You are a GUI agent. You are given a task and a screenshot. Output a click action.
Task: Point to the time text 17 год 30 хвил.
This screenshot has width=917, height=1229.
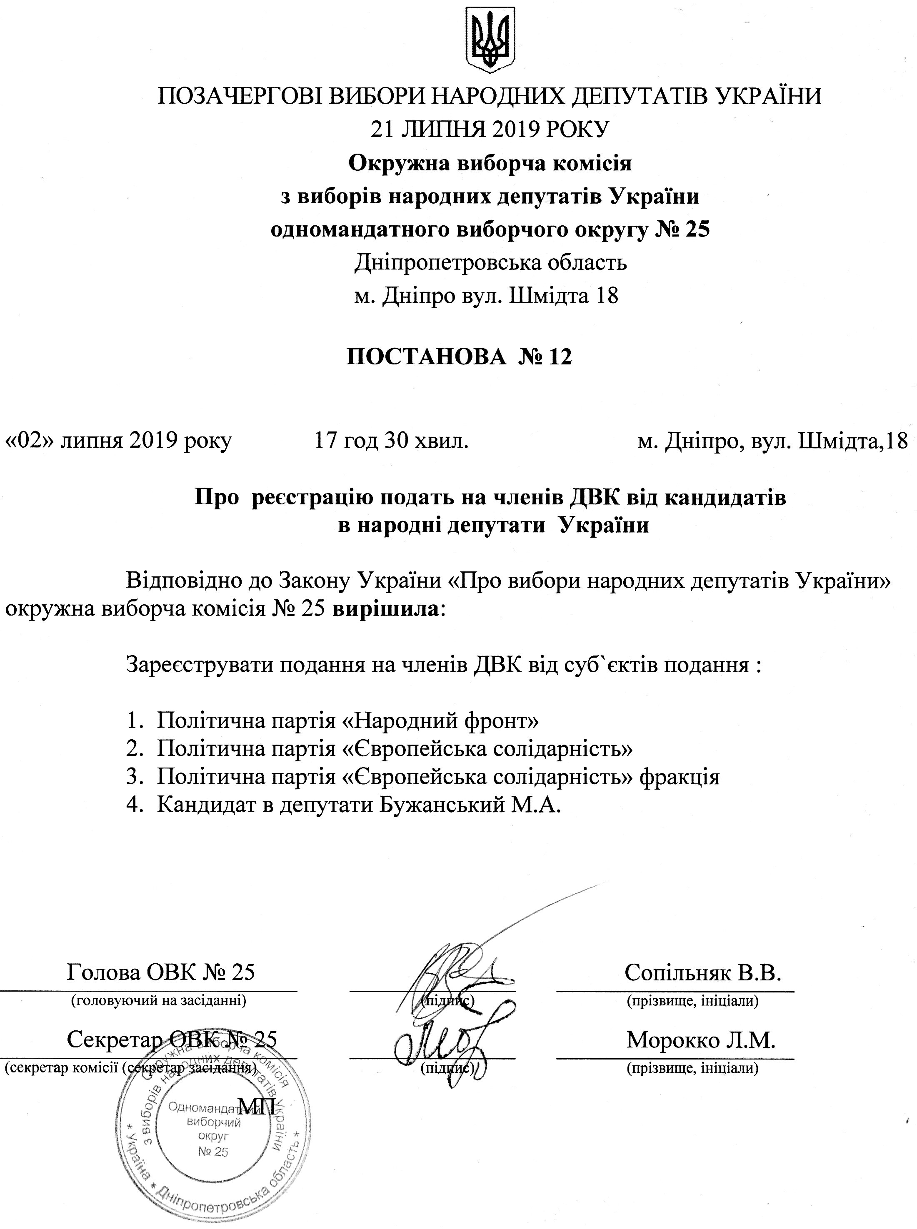click(391, 441)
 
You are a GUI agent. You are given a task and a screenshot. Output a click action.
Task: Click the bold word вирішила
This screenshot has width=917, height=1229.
click(385, 609)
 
